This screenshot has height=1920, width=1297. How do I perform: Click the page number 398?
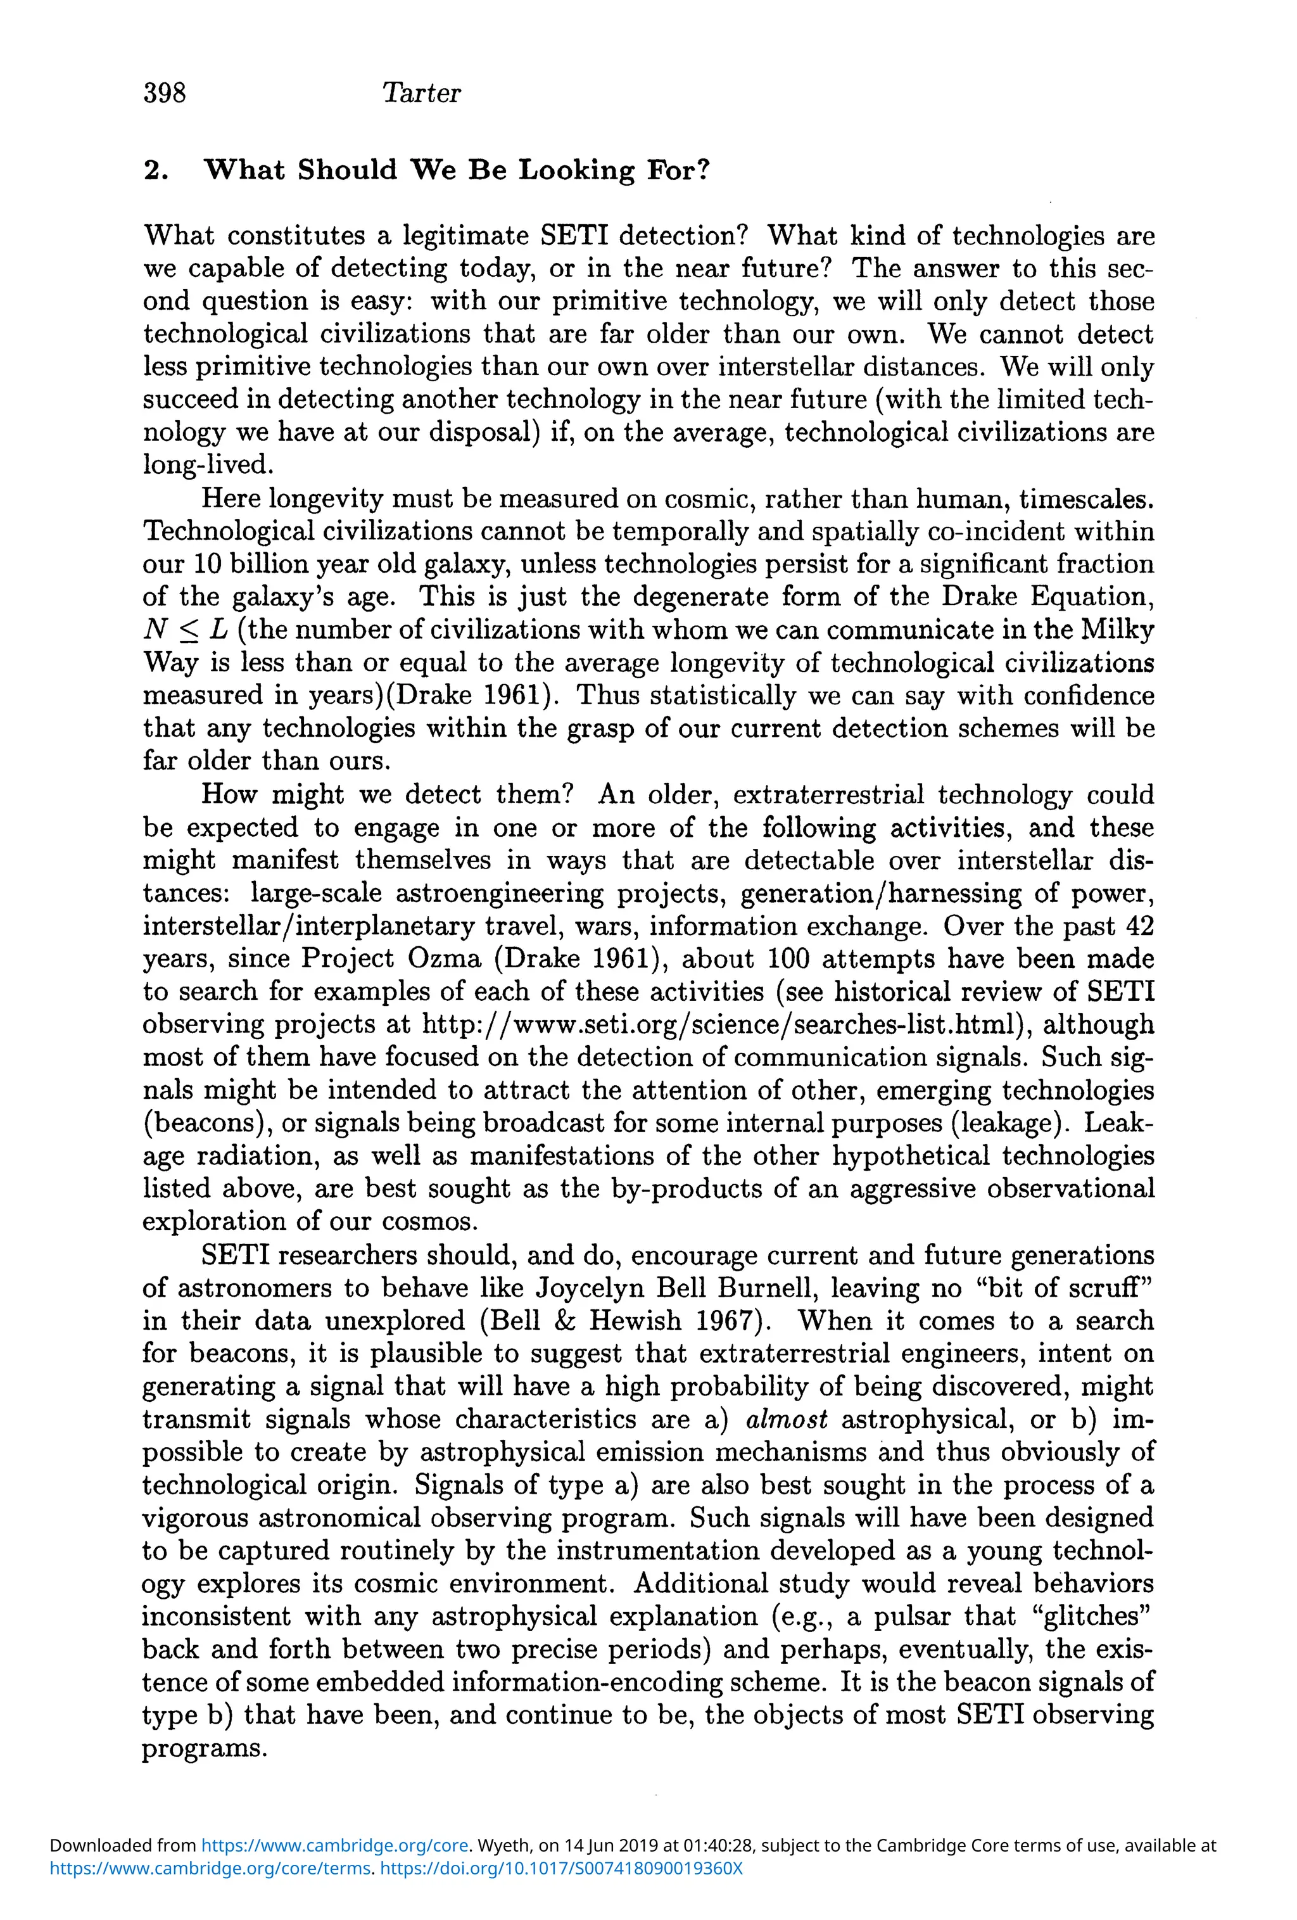click(x=165, y=92)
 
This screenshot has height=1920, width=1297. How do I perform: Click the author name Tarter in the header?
click(x=421, y=92)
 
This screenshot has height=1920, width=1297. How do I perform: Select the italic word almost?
click(x=787, y=1420)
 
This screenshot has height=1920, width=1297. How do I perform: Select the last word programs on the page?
click(x=204, y=1749)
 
